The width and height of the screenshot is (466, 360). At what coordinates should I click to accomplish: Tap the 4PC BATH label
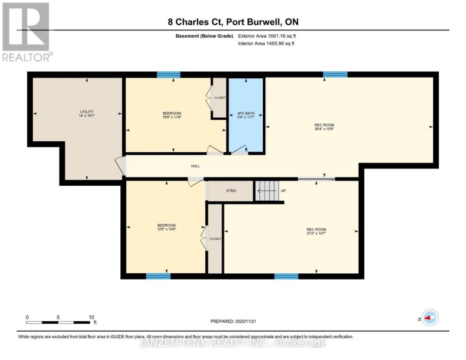pos(246,114)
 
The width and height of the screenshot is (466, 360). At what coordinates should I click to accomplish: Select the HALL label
pos(195,166)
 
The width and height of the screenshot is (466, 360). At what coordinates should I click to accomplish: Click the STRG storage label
pos(231,191)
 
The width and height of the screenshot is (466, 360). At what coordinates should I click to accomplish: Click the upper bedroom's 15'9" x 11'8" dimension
pos(172,118)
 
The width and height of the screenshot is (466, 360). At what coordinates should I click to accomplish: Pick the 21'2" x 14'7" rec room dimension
pos(316,234)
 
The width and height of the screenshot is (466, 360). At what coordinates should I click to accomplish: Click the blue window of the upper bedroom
pos(168,75)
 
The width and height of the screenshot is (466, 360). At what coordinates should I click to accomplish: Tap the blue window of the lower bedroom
pos(158,276)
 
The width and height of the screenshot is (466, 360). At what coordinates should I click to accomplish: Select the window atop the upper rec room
pos(335,75)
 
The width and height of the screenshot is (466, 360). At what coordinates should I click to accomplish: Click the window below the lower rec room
pos(286,276)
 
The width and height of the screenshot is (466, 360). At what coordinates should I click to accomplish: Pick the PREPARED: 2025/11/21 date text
pos(238,321)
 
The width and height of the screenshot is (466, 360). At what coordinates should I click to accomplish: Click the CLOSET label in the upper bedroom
pos(220,98)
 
